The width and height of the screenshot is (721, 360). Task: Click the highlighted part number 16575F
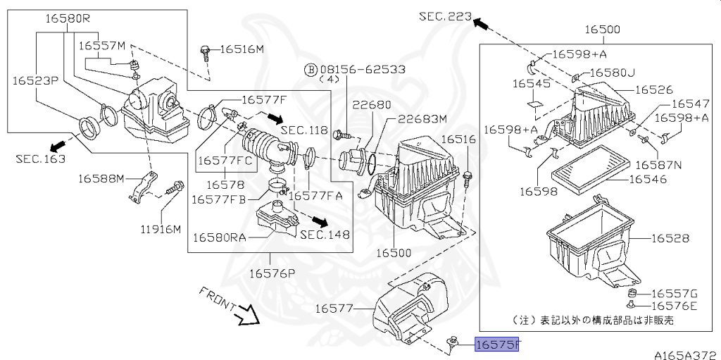(497, 345)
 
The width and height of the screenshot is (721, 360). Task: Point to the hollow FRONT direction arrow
(246, 314)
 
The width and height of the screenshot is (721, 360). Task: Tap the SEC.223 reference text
(444, 16)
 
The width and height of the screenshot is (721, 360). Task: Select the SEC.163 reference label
(40, 159)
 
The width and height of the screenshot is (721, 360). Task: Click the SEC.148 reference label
(325, 235)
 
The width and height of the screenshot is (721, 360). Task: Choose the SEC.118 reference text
(305, 130)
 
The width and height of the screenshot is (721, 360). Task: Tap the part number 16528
(670, 239)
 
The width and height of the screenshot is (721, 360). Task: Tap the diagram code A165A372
(683, 354)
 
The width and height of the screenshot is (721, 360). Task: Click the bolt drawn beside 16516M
(205, 50)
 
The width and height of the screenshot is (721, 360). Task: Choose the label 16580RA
(220, 237)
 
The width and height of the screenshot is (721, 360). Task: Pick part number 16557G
(674, 293)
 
